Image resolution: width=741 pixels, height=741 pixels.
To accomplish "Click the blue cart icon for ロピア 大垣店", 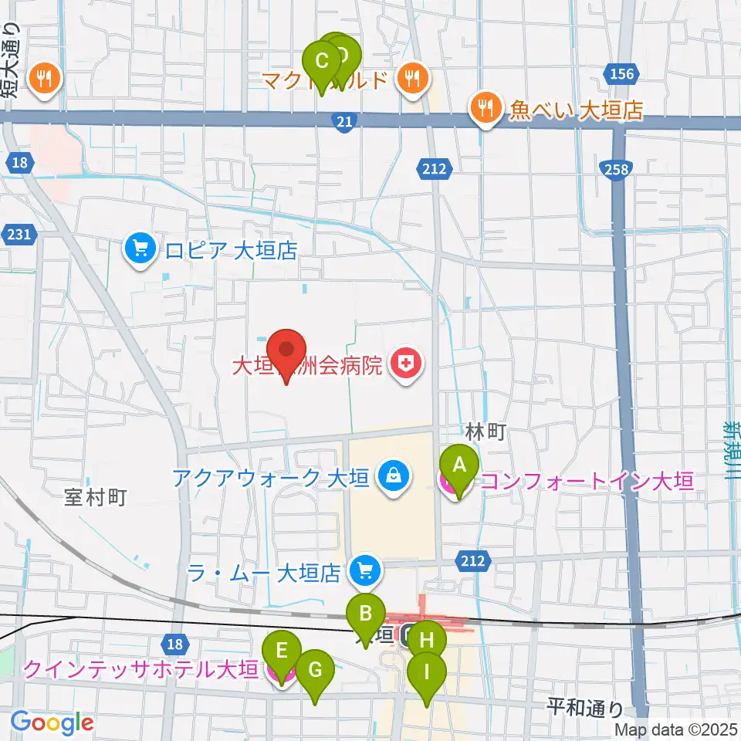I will [x=140, y=249].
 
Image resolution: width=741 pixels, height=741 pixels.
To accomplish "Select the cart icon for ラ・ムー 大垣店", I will [x=364, y=571].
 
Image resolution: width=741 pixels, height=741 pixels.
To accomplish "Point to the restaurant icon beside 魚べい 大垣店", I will [x=485, y=109].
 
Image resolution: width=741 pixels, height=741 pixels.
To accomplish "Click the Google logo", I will [x=52, y=723].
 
